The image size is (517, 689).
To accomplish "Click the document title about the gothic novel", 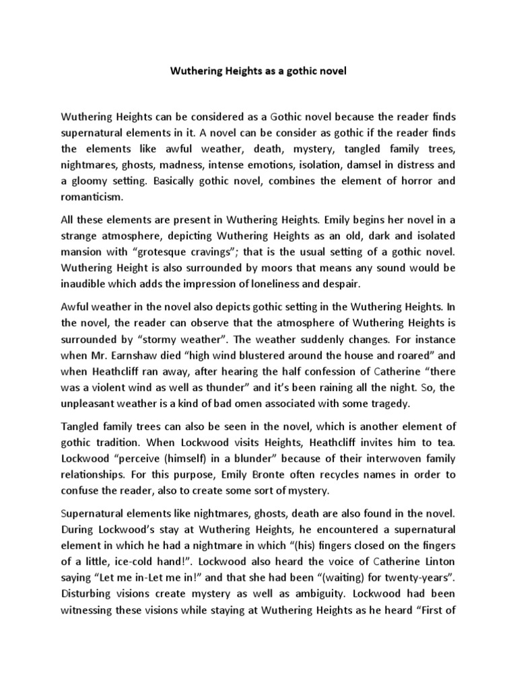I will coord(258,70).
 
